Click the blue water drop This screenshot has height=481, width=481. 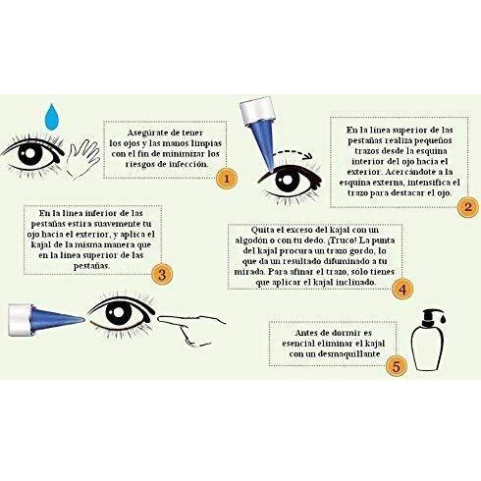[52, 118]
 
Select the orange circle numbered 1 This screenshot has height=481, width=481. [227, 179]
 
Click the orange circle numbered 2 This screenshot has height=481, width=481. [468, 207]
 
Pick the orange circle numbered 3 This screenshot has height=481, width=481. [162, 274]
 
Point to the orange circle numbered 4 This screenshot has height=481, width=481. [402, 290]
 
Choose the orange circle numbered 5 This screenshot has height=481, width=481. [397, 366]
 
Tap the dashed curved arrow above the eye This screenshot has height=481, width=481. [293, 153]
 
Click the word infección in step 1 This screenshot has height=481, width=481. [188, 164]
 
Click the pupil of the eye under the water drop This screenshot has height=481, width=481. [30, 153]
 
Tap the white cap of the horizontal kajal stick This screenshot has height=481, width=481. [21, 320]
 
